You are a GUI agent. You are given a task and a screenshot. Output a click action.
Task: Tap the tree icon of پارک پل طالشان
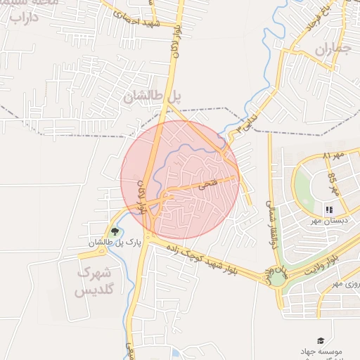pos(115,231)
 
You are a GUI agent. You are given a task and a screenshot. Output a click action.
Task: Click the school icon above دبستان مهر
pos(329,209)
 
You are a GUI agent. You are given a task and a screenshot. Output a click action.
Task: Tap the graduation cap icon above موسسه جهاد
pos(321,340)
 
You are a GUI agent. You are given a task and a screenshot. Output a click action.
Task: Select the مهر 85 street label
pos(333,185)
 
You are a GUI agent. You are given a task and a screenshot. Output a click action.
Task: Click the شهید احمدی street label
pos(143,19)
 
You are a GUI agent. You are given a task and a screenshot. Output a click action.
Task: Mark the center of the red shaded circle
pos(180,180)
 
